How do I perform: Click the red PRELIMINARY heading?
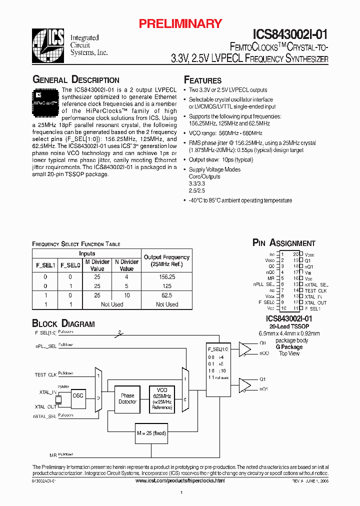(180, 23)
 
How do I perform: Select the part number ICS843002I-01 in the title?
(290, 34)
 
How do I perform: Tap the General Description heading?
(75, 80)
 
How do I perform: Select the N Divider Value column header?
(126, 265)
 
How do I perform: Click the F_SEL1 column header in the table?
(45, 265)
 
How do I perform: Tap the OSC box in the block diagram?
(78, 395)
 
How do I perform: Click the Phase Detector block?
(127, 398)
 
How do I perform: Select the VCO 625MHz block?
(161, 398)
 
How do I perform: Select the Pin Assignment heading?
(283, 243)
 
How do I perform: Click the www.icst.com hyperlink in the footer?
(180, 480)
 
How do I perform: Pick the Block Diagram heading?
(63, 323)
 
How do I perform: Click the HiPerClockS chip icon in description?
(46, 99)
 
